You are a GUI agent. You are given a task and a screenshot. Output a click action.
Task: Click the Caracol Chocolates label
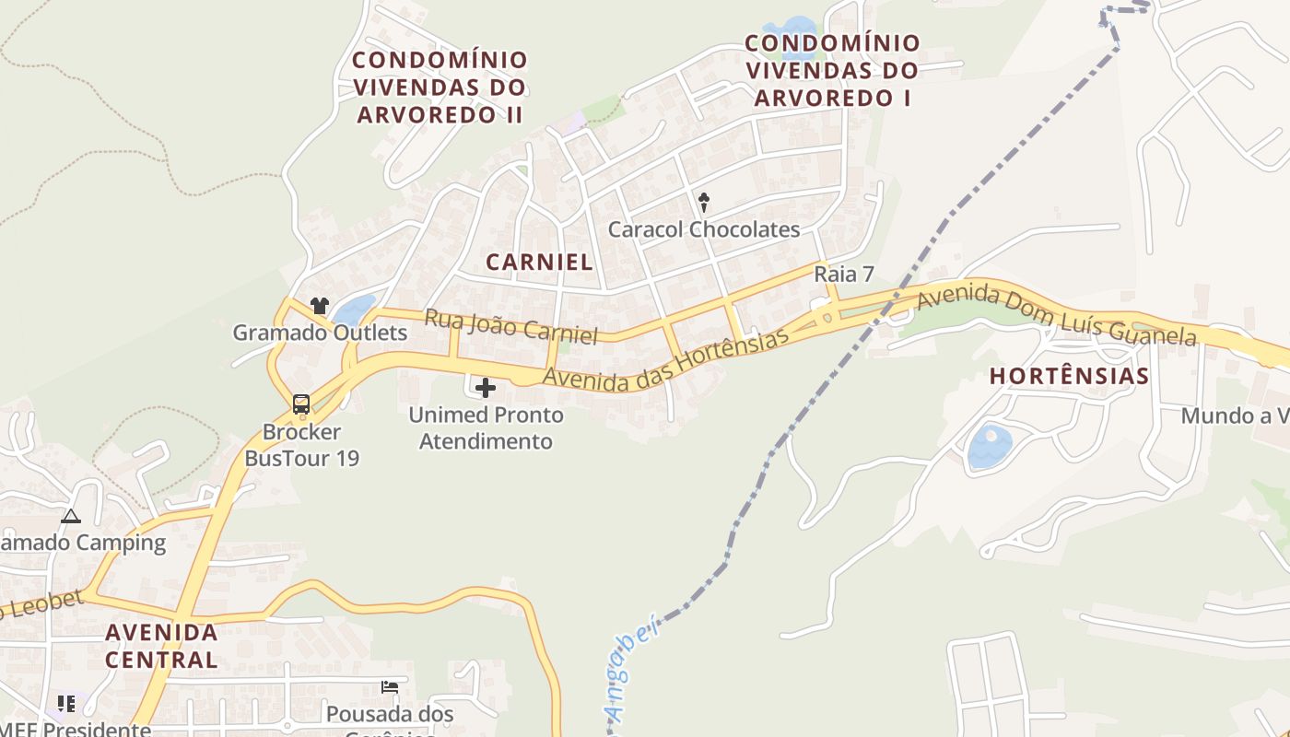(x=704, y=229)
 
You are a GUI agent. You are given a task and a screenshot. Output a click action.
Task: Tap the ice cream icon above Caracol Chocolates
(x=704, y=202)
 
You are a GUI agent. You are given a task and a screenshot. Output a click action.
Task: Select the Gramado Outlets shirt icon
(x=320, y=306)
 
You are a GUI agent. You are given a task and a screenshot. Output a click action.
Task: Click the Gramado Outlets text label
(x=320, y=333)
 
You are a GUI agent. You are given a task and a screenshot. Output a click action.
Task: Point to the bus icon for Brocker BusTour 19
(x=301, y=404)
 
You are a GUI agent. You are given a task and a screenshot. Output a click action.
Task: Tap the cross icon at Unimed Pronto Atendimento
(x=486, y=388)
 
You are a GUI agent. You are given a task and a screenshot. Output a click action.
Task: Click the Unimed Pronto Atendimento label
(x=487, y=428)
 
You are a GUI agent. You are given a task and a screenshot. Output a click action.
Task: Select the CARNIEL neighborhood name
(x=540, y=262)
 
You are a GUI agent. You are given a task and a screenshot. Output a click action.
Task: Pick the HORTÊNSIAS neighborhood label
(x=1070, y=376)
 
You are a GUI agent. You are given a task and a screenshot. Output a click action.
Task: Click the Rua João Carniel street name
(x=511, y=326)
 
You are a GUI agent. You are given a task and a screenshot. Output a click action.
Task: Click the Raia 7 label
(x=844, y=275)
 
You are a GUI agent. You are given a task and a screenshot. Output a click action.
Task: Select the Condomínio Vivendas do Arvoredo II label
(x=440, y=88)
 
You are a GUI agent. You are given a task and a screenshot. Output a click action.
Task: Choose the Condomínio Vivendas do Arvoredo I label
(x=832, y=70)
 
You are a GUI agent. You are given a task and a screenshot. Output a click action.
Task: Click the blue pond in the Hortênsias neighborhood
(x=989, y=447)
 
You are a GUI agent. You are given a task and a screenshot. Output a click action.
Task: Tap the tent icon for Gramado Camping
(x=71, y=516)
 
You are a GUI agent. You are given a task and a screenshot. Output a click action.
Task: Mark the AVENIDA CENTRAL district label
(x=161, y=646)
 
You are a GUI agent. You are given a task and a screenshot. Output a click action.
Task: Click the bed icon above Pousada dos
(x=390, y=687)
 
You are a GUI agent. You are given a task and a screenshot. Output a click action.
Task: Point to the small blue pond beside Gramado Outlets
(x=355, y=310)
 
